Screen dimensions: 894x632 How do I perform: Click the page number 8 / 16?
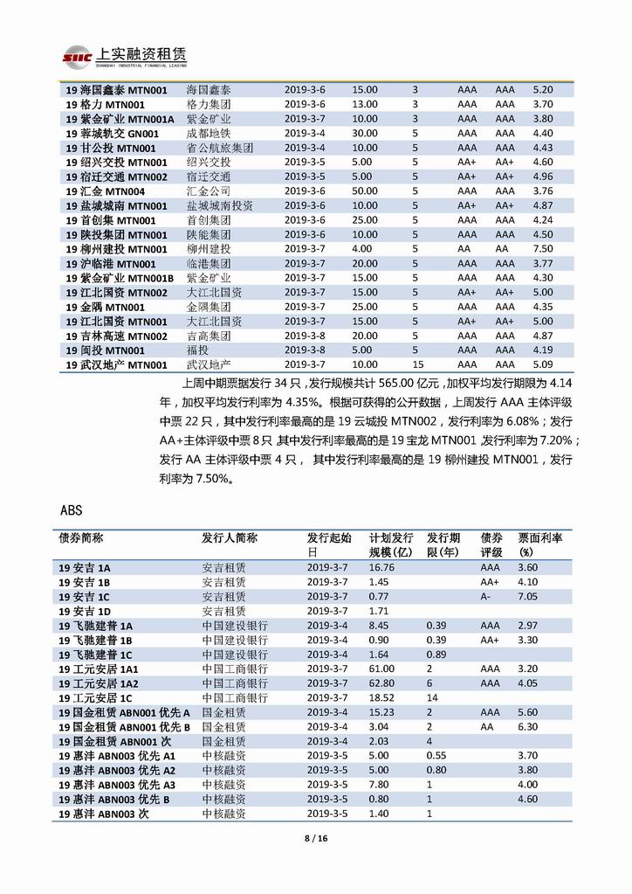(315, 839)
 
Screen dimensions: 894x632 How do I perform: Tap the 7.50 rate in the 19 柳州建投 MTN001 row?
(542, 249)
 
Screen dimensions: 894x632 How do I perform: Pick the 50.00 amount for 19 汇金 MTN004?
(365, 191)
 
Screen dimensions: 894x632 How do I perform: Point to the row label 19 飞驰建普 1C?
(96, 655)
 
